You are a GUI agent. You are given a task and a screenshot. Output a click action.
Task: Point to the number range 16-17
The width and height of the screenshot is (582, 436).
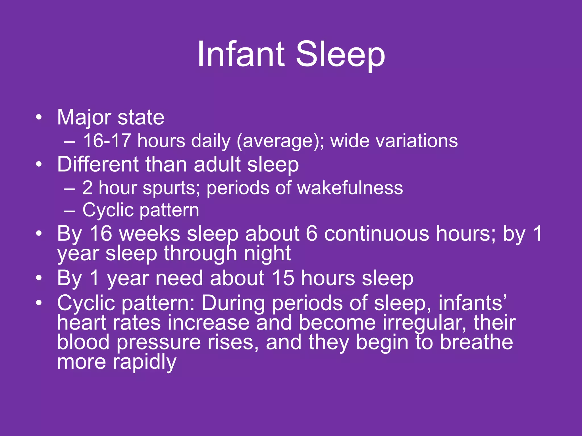pyautogui.click(x=107, y=141)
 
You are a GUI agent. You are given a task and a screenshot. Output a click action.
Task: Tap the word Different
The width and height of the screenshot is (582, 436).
pyautogui.click(x=98, y=164)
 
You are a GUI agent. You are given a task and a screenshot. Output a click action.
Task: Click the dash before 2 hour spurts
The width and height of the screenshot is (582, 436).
pyautogui.click(x=69, y=188)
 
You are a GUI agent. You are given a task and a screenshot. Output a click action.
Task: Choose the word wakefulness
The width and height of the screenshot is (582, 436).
pyautogui.click(x=350, y=188)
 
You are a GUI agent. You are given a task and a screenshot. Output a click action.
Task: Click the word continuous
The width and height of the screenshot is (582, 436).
pyautogui.click(x=377, y=234)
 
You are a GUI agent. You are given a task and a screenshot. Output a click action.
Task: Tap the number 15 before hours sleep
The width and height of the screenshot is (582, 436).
pyautogui.click(x=283, y=278)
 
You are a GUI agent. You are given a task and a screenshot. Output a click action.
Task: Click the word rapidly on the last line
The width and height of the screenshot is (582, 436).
pyautogui.click(x=145, y=362)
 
